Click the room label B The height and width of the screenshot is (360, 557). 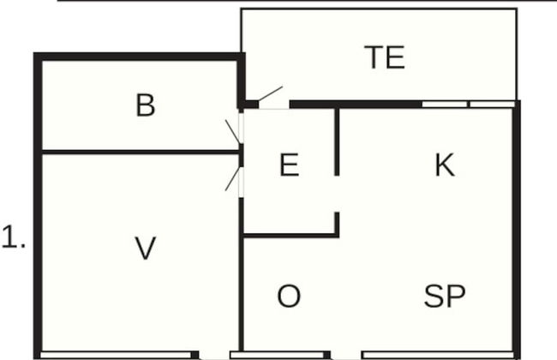(146, 105)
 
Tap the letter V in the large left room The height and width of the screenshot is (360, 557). (146, 248)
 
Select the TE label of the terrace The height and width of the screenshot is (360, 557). (385, 57)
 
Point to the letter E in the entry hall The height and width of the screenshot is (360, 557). (289, 165)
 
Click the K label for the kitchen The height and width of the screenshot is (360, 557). (445, 165)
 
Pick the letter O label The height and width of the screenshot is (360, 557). (289, 296)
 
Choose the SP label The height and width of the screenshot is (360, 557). (445, 296)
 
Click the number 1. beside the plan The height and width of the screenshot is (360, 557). (14, 237)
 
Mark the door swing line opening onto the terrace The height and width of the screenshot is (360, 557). (270, 93)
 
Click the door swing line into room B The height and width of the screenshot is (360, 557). (233, 131)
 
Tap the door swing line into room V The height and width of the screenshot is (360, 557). (233, 178)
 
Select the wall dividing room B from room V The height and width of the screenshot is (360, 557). (141, 153)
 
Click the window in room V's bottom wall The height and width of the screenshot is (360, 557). (116, 355)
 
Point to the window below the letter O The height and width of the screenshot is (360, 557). (277, 355)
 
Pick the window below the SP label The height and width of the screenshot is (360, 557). (439, 355)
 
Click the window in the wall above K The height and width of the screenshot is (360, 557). (468, 104)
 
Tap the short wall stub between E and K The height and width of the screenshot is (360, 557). (337, 142)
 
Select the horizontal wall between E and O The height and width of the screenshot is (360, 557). (290, 235)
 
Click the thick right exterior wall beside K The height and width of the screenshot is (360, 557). (517, 230)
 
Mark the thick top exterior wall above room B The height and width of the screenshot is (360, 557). (139, 57)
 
